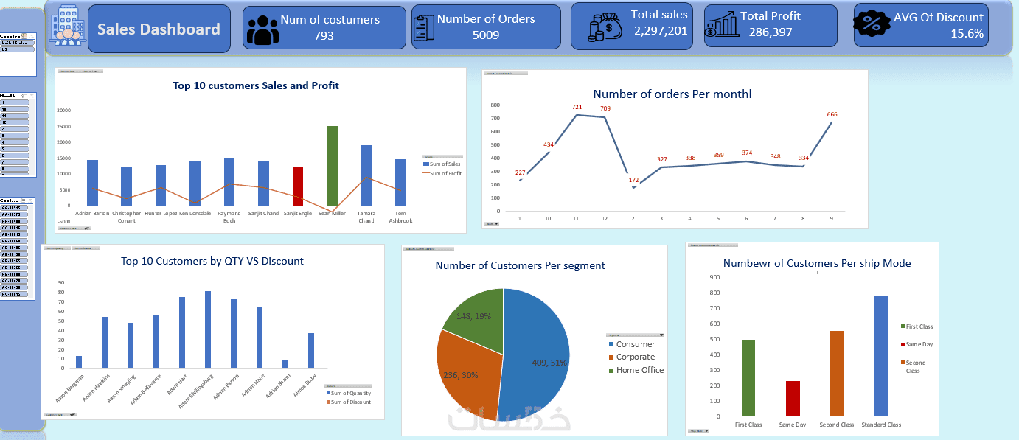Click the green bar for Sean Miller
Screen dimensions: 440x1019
[x=332, y=166]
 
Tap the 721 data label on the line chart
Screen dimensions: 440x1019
[x=577, y=108]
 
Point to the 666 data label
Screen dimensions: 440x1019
[x=832, y=114]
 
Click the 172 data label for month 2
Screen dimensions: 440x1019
[x=633, y=181]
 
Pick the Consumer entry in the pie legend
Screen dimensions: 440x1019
[x=635, y=344]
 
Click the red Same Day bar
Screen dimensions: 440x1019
[x=792, y=398]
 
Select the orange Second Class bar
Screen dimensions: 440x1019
[x=837, y=373]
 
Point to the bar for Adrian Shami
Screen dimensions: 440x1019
[x=285, y=363]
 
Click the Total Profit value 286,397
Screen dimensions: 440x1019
[x=771, y=32]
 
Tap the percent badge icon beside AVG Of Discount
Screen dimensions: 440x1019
[x=876, y=25]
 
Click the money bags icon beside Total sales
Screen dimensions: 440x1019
[x=605, y=27]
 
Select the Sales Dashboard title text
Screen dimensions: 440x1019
[x=159, y=29]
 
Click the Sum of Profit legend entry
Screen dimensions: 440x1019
[x=444, y=172]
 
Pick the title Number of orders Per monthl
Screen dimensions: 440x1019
[x=672, y=94]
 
